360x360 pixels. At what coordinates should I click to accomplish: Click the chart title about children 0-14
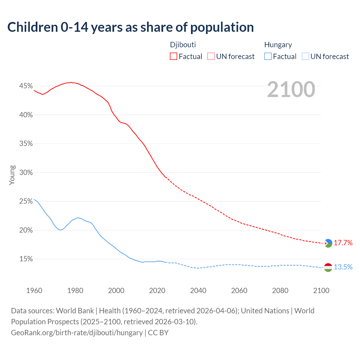coord(130,27)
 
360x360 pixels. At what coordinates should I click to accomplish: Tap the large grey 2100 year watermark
coord(291,89)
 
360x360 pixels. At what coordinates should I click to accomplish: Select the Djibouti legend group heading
coord(183,45)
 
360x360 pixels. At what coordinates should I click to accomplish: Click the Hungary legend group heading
coord(278,45)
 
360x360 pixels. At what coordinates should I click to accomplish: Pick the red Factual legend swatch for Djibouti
coord(174,57)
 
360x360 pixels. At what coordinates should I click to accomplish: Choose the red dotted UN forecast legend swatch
coord(211,57)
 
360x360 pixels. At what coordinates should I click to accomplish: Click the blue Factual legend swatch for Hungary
coord(268,57)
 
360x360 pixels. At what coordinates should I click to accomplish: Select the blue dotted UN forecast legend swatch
coord(305,57)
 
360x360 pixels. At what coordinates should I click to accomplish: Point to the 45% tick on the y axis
coord(26,86)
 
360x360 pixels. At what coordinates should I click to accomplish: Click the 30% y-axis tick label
coord(26,173)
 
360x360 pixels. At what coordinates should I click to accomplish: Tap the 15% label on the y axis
coord(26,259)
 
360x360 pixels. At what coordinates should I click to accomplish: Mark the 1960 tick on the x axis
coord(34,291)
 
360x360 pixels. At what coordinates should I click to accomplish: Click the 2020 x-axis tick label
coord(157,291)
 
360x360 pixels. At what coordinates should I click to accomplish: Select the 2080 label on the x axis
coord(280,291)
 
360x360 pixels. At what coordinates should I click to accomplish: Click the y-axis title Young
coord(12,175)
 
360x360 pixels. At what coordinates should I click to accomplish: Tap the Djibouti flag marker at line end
coord(328,243)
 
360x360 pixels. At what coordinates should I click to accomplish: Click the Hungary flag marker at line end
coord(328,267)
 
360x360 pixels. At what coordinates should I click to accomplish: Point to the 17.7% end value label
coord(343,243)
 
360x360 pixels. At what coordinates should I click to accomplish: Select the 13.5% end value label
coord(343,267)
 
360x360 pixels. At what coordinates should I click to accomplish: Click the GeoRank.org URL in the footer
coord(77,333)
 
